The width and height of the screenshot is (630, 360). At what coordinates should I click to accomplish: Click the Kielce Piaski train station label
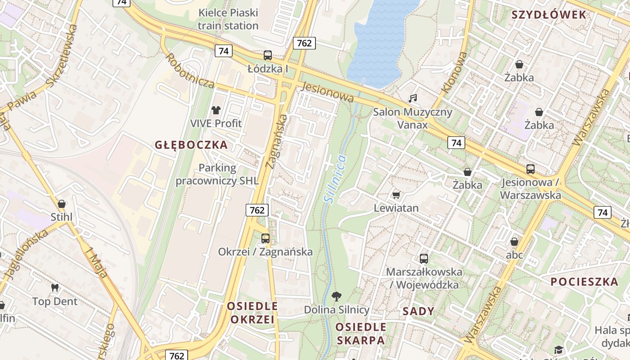pyautogui.click(x=228, y=19)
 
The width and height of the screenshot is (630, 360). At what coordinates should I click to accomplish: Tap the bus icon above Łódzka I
pyautogui.click(x=268, y=55)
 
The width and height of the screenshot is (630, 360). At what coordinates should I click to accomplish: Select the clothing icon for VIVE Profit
pyautogui.click(x=216, y=110)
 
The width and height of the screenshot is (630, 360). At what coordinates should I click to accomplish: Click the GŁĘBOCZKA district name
pyautogui.click(x=191, y=145)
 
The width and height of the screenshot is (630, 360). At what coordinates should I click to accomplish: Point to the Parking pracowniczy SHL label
pyautogui.click(x=217, y=175)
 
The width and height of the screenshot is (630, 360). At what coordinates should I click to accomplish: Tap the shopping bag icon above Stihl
pyautogui.click(x=62, y=204)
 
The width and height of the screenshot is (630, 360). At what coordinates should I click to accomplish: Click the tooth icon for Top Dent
pyautogui.click(x=55, y=288)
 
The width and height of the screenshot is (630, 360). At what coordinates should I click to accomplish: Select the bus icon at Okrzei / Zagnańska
pyautogui.click(x=265, y=238)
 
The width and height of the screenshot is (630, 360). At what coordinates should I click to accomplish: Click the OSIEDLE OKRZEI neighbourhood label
pyautogui.click(x=252, y=313)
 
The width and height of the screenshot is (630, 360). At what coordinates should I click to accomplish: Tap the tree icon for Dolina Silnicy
pyautogui.click(x=336, y=296)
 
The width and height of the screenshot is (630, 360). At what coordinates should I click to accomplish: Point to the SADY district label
pyautogui.click(x=418, y=311)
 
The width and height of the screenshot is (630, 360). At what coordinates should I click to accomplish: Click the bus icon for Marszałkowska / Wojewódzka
pyautogui.click(x=423, y=258)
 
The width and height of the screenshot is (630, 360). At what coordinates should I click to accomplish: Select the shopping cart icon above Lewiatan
pyautogui.click(x=396, y=195)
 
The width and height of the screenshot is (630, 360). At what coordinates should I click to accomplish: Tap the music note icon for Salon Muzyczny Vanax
pyautogui.click(x=413, y=98)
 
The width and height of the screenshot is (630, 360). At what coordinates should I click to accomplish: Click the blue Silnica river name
pyautogui.click(x=335, y=178)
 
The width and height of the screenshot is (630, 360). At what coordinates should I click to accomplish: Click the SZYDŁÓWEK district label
pyautogui.click(x=549, y=15)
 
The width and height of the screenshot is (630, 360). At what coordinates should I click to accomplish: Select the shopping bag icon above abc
pyautogui.click(x=514, y=242)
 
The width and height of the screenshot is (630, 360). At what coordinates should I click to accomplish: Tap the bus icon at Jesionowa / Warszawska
pyautogui.click(x=531, y=169)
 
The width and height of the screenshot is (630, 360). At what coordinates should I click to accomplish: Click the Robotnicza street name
pyautogui.click(x=190, y=71)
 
